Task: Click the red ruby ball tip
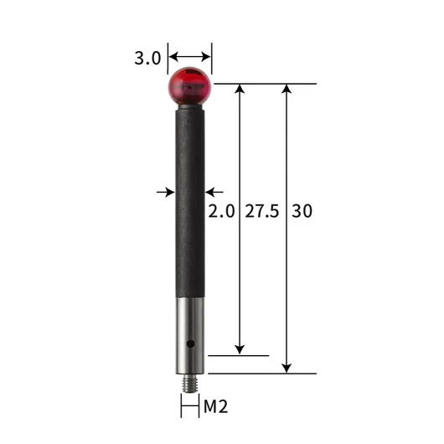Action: [x=189, y=86]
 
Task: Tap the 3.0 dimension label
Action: [x=147, y=59]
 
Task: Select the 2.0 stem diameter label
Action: [x=221, y=211]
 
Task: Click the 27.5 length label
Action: [x=262, y=211]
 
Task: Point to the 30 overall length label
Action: [x=302, y=211]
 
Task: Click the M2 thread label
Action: [x=216, y=406]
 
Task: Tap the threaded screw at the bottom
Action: [x=190, y=383]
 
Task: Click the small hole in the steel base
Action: [x=190, y=343]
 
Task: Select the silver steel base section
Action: [x=190, y=336]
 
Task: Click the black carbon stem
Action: [x=190, y=204]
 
